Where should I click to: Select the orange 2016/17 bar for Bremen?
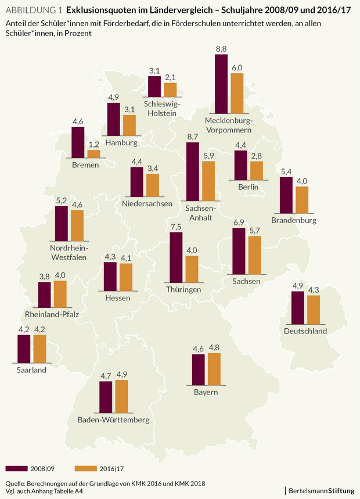pyautogui.click(x=93, y=154)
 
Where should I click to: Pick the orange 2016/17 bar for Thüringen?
pyautogui.click(x=192, y=270)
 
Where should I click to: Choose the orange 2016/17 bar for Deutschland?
pyautogui.click(x=314, y=310)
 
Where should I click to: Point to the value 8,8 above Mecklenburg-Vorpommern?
pyautogui.click(x=221, y=50)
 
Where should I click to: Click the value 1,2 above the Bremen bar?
pyautogui.click(x=93, y=145)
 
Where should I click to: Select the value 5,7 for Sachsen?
pyautogui.click(x=254, y=231)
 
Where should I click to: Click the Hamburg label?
pyautogui.click(x=122, y=142)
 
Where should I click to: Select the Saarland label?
pyautogui.click(x=31, y=369)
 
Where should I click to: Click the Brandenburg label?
pyautogui.click(x=294, y=221)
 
